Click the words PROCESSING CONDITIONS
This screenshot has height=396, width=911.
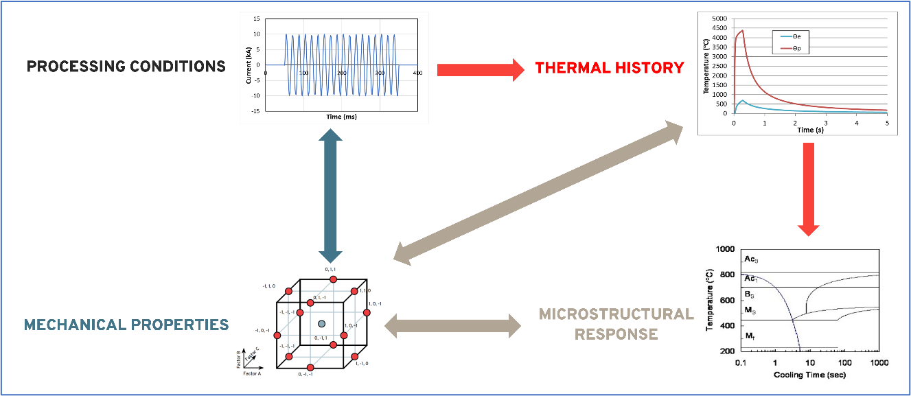pyautogui.click(x=126, y=67)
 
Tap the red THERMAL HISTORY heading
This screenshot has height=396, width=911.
pyautogui.click(x=609, y=67)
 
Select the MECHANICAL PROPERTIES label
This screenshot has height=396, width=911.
pyautogui.click(x=126, y=324)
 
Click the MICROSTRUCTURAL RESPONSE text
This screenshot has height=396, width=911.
pyautogui.click(x=616, y=324)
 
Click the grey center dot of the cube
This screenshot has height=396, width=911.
pyautogui.click(x=321, y=323)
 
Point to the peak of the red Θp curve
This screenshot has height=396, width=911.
pyautogui.click(x=742, y=30)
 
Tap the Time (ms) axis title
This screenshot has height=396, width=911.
pyautogui.click(x=341, y=117)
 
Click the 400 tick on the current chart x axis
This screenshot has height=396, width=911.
pyautogui.click(x=417, y=73)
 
